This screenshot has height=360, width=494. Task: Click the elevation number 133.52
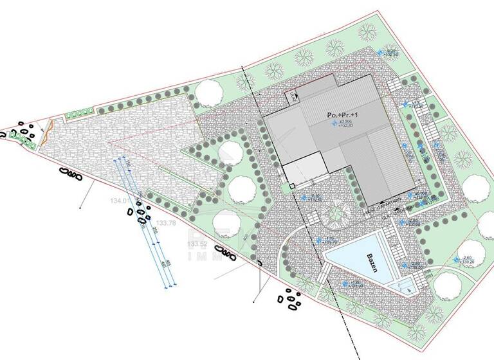(196, 245)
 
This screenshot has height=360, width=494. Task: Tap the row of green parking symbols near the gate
(75, 114)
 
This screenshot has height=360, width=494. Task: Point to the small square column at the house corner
(291, 186)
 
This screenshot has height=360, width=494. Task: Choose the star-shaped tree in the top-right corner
(367, 31)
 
